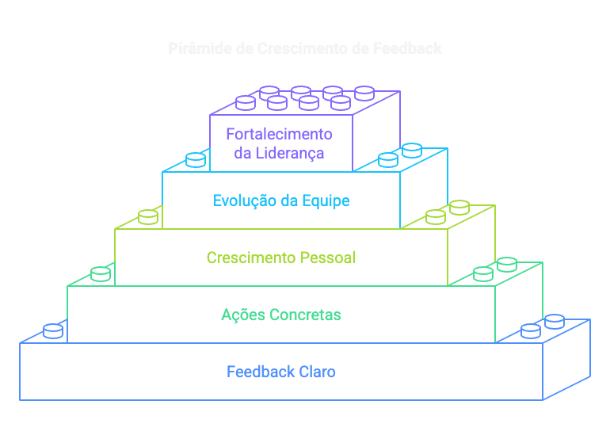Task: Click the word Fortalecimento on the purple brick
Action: click(279, 134)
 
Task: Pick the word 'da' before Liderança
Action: click(242, 153)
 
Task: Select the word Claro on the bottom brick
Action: click(318, 372)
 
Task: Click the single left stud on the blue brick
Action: click(53, 330)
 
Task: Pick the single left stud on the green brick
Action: click(101, 273)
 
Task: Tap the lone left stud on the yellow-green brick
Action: click(148, 216)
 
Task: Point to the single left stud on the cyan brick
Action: click(196, 159)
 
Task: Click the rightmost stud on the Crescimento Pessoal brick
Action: click(459, 208)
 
